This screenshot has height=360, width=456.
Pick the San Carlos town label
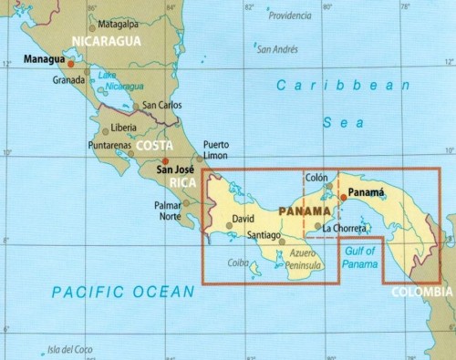click(162, 105)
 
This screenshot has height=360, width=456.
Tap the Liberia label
click(123, 127)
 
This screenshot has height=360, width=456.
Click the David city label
click(243, 220)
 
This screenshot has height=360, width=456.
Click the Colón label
click(316, 178)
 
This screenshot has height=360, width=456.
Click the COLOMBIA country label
click(421, 292)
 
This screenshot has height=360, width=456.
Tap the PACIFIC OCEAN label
click(123, 292)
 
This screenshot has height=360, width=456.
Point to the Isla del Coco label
click(70, 348)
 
